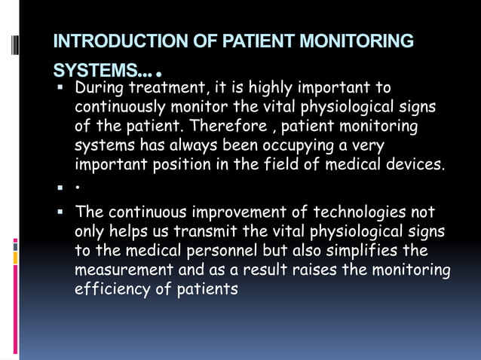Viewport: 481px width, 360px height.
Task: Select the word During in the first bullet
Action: (x=99, y=89)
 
